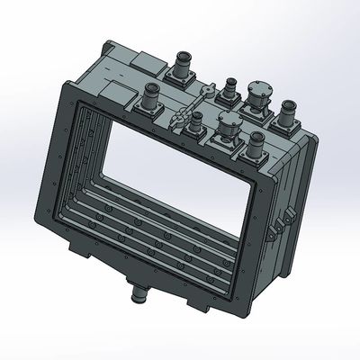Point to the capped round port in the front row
226,130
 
